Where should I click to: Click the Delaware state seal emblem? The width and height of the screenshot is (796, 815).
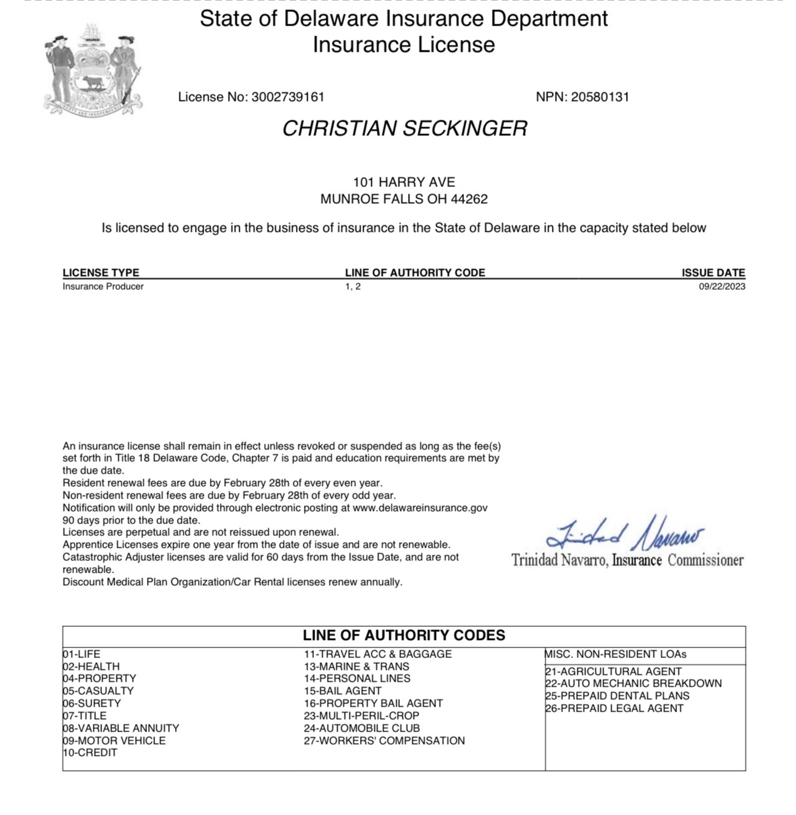tap(94, 69)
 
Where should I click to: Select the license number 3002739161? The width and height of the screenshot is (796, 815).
tap(287, 97)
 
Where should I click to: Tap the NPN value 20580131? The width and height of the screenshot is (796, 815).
tap(600, 97)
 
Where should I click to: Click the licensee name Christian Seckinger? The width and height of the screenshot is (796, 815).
tap(405, 128)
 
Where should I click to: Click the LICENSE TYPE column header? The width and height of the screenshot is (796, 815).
tap(101, 272)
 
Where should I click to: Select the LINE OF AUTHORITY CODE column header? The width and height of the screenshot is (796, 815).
tap(415, 272)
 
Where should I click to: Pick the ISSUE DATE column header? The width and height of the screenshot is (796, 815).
tap(713, 272)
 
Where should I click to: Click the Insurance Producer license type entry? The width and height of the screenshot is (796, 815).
tap(103, 287)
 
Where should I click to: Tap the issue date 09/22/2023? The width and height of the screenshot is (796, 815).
tap(722, 287)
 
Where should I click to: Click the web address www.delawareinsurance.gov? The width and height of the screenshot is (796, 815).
tap(420, 508)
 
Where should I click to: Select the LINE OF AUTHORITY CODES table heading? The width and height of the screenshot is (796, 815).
tap(404, 636)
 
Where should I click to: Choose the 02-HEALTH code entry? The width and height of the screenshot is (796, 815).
tap(91, 667)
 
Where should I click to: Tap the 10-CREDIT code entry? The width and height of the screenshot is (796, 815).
tap(90, 753)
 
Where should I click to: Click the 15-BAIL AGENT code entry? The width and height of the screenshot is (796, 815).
tap(343, 691)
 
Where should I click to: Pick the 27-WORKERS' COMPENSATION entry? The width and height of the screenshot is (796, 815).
tap(384, 741)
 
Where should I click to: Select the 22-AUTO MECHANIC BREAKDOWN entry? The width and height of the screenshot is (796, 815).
tap(633, 684)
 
